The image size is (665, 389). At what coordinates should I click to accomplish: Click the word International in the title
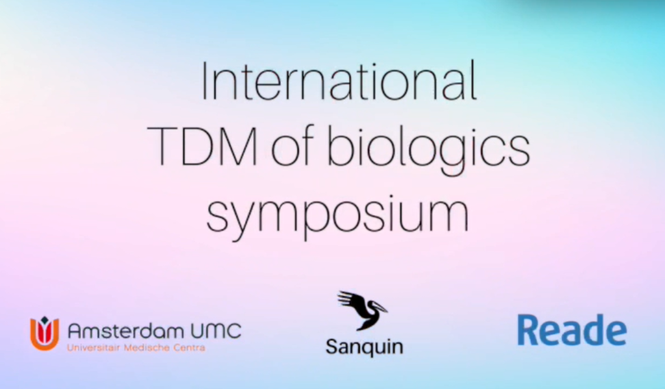pos(338,81)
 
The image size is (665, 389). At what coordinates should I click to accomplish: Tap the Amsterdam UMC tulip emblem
pos(44,333)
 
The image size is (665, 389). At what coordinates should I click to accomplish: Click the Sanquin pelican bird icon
pos(362,310)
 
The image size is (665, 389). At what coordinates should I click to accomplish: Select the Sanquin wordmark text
pos(364,347)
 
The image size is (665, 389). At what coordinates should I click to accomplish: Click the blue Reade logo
pos(571,330)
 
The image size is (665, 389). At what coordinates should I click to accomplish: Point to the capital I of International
pos(204,82)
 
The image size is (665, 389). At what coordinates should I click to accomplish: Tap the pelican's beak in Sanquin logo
pos(379,307)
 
